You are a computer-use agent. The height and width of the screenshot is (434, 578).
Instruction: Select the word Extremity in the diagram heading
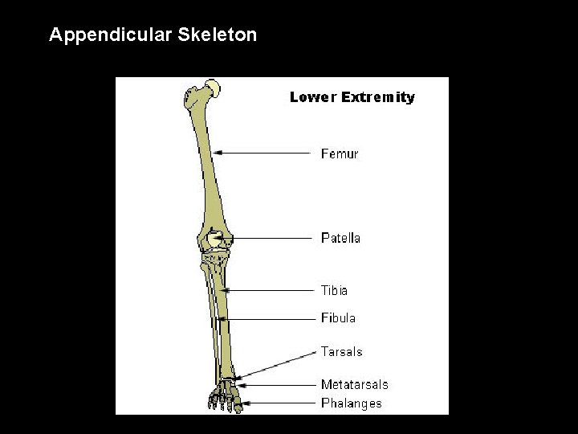[378, 97]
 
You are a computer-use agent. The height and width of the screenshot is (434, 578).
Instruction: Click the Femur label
[340, 154]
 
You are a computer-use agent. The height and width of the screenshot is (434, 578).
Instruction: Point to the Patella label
[340, 238]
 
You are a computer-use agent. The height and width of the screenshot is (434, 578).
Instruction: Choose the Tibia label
[334, 290]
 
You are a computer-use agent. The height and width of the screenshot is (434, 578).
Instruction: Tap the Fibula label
[338, 318]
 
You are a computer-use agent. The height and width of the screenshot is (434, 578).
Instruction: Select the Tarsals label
[341, 351]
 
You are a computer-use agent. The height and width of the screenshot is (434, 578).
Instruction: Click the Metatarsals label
[354, 385]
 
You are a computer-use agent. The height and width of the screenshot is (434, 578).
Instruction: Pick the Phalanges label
[351, 403]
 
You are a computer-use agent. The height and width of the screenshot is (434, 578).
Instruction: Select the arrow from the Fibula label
[268, 319]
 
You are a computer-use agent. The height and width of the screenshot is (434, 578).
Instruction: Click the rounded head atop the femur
[213, 87]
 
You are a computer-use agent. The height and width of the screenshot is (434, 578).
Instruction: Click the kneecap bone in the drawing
[214, 239]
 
